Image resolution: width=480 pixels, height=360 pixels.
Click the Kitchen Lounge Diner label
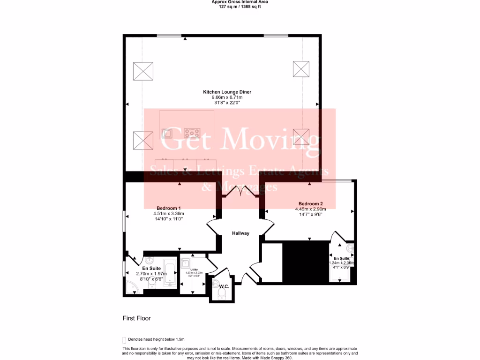point(227,92)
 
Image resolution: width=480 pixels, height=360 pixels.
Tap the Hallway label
point(240,233)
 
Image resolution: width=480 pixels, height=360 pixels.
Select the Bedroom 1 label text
point(169,208)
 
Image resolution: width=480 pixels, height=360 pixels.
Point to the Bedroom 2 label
point(311,203)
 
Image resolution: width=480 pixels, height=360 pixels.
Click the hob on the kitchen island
point(192,132)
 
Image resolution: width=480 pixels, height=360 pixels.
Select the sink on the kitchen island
point(167,133)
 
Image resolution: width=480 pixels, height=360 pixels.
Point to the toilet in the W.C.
point(222,293)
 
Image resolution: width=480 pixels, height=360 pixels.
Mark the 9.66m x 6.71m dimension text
point(227,97)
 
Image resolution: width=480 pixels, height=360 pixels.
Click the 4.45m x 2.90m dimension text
point(311,209)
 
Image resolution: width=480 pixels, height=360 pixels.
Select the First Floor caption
point(137,318)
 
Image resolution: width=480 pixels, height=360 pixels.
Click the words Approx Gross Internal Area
point(240,2)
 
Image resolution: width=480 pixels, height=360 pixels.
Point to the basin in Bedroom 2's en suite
point(350,247)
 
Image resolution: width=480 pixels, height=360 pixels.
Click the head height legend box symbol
point(124,340)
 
